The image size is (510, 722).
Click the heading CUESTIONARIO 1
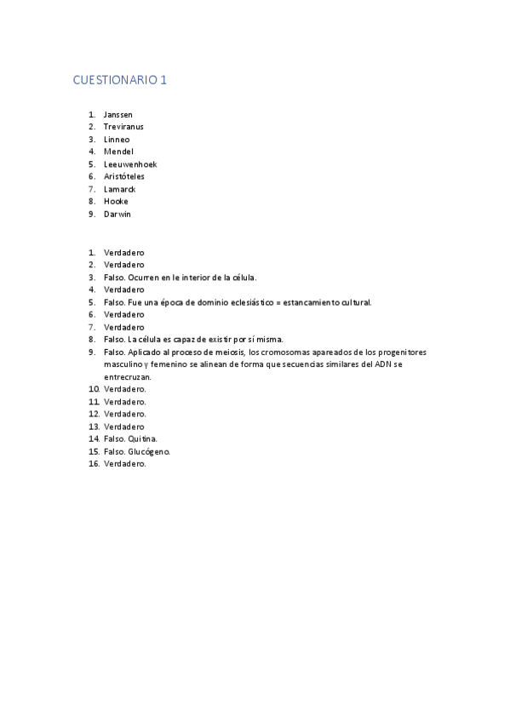coord(120,80)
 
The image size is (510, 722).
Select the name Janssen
coord(117,114)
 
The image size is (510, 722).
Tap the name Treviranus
coord(124,127)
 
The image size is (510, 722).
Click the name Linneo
coord(117,139)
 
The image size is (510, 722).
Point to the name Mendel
coord(118,152)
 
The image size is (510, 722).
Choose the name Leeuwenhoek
coord(130,164)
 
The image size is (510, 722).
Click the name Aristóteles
coord(124,176)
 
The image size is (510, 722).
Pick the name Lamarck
coord(119,189)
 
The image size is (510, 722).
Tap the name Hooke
coord(116,202)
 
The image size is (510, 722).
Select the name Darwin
coord(117,215)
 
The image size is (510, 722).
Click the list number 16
coord(93,464)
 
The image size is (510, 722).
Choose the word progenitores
coord(402,352)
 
